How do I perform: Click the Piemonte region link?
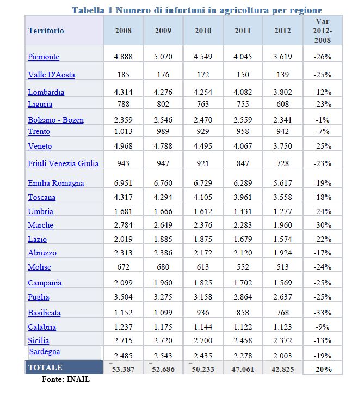click(x=44, y=57)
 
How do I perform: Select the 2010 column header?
click(x=203, y=31)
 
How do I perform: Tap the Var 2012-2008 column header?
click(x=323, y=31)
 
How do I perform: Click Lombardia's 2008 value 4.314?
click(x=123, y=92)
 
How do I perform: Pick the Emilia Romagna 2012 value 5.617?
click(x=282, y=183)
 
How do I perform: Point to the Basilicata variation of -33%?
click(x=323, y=313)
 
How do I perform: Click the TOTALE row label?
click(x=45, y=368)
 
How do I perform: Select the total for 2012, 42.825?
click(x=282, y=369)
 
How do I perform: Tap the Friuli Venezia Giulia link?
click(x=63, y=163)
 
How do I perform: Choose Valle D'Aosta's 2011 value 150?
click(x=243, y=75)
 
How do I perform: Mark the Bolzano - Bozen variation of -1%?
click(x=323, y=120)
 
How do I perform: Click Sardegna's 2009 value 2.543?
click(x=163, y=356)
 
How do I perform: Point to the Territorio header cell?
click(x=46, y=31)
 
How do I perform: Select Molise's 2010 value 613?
click(x=203, y=267)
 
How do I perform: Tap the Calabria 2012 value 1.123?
click(x=282, y=327)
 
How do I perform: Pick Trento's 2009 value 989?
click(x=163, y=132)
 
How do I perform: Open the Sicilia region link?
click(x=38, y=340)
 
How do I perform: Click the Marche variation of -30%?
click(x=323, y=225)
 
